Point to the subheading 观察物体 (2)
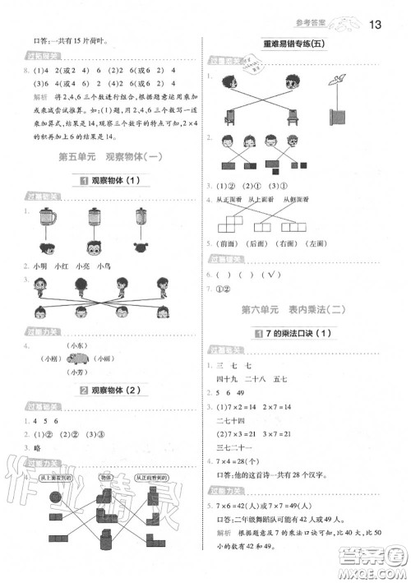(x=104, y=388)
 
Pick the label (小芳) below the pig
(x=79, y=372)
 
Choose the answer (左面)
(x=262, y=244)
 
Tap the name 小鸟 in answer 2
(x=103, y=265)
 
